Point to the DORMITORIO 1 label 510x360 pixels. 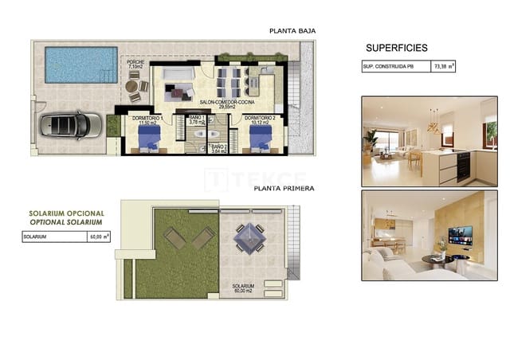151,120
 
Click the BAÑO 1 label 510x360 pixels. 195,120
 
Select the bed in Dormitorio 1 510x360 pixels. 149,140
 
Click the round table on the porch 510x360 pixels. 132,86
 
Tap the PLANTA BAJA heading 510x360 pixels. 293,31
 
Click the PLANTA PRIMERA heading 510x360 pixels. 284,189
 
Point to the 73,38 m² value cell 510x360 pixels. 444,67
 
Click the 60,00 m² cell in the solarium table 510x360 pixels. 99,236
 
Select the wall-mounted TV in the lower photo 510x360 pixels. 458,236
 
